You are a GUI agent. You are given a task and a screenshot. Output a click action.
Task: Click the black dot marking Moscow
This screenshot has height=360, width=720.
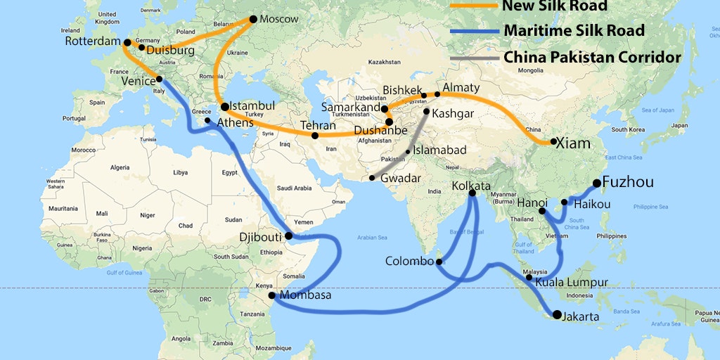tap(254, 19)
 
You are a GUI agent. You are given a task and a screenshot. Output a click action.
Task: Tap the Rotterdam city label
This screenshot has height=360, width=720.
tap(93, 41)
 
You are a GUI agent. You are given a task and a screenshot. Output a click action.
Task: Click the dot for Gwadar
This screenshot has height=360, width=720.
tap(372, 178)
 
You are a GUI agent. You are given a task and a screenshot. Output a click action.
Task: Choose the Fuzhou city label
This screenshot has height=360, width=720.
tap(628, 182)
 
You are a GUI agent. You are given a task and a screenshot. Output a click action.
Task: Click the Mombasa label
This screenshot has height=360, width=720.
tap(305, 295)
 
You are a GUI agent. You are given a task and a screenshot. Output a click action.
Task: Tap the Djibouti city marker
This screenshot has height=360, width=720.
tap(288, 236)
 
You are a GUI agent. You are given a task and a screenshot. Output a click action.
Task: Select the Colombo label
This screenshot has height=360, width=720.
tap(409, 262)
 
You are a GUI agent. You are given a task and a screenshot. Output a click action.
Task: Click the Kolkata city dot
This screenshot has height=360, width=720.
tap(472, 193)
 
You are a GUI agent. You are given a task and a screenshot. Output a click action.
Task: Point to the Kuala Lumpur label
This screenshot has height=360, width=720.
tap(571, 283)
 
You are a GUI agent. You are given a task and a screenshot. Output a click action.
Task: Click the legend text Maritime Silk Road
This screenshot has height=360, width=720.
tap(574, 31)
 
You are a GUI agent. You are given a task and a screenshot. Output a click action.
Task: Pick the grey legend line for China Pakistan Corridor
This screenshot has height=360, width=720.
tap(473, 58)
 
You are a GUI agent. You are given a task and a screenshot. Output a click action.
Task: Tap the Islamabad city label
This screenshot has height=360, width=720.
tap(439, 150)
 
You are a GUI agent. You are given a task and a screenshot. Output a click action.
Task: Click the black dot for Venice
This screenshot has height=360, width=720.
tap(160, 79)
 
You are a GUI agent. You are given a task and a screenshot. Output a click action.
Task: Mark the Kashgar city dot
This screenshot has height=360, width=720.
tap(426, 111)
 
